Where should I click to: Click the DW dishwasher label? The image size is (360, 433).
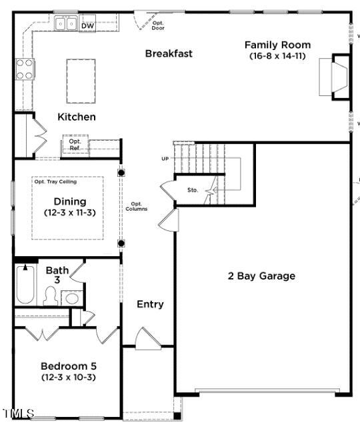pyautogui.click(x=87, y=26)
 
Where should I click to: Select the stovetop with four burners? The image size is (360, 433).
pyautogui.click(x=25, y=69)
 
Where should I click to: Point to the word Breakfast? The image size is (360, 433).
pyautogui.click(x=169, y=53)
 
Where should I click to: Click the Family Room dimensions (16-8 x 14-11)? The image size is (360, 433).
pyautogui.click(x=277, y=56)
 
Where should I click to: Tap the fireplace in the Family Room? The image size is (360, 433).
pyautogui.click(x=335, y=76)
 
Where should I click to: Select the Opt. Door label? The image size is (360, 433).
pyautogui.click(x=158, y=25)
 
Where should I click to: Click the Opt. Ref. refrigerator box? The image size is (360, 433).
pyautogui.click(x=75, y=145)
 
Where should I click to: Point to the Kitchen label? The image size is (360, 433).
pyautogui.click(x=77, y=117)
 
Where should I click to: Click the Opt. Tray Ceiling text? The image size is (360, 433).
pyautogui.click(x=55, y=181)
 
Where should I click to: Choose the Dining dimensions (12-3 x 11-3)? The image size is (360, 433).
pyautogui.click(x=70, y=212)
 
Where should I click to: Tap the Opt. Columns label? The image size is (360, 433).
pyautogui.click(x=137, y=206)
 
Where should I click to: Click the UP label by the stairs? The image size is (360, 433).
pyautogui.click(x=165, y=159)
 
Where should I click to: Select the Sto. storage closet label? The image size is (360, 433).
pyautogui.click(x=193, y=190)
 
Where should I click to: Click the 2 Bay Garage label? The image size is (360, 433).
pyautogui.click(x=261, y=276)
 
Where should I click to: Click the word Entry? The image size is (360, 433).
pyautogui.click(x=150, y=304)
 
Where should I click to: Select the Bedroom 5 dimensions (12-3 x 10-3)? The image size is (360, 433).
pyautogui.click(x=69, y=378)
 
